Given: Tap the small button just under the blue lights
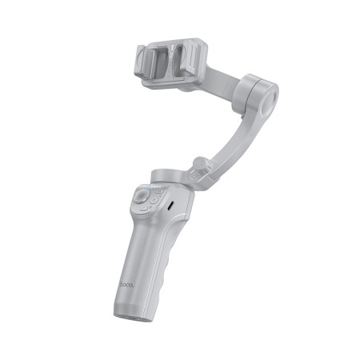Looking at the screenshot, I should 160,191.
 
